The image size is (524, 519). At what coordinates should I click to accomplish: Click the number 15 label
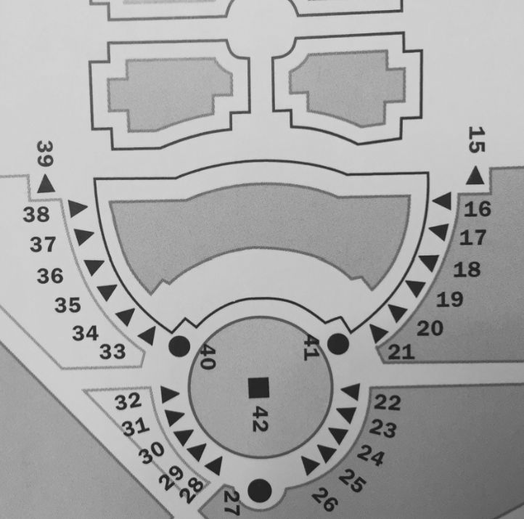(477, 139)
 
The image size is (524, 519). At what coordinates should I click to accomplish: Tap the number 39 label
(45, 154)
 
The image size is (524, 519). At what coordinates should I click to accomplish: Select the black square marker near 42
(259, 388)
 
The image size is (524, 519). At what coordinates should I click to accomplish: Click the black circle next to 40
(179, 346)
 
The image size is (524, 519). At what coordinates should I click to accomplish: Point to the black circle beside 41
(338, 344)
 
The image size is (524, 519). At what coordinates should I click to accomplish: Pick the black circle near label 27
(260, 491)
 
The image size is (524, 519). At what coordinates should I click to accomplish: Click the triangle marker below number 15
(475, 176)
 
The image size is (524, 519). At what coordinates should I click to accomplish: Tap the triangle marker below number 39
(46, 184)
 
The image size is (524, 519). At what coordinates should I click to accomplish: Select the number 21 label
(401, 352)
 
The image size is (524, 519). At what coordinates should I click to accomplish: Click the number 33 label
(112, 351)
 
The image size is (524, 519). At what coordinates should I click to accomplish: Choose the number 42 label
(260, 419)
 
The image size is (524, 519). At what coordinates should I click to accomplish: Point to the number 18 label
(467, 269)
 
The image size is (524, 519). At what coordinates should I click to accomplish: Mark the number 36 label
(50, 276)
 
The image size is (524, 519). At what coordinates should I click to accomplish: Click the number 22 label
(388, 402)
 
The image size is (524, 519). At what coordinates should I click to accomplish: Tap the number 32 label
(128, 401)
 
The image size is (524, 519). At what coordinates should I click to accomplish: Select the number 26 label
(324, 499)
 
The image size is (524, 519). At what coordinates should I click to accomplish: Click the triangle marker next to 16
(443, 201)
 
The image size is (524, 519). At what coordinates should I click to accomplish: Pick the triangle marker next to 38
(78, 208)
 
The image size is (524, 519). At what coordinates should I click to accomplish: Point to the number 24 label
(371, 455)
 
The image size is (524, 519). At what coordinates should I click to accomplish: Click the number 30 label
(152, 452)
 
